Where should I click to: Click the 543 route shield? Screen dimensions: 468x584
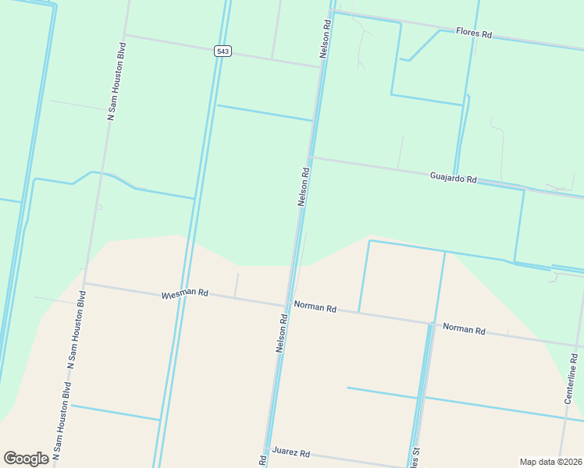223,51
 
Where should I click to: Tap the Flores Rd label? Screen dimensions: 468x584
475,34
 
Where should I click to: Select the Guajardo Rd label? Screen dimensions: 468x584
453,178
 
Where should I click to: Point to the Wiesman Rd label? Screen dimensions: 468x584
185,294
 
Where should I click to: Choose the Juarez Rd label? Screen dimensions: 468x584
291,453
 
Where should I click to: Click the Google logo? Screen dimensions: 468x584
27,459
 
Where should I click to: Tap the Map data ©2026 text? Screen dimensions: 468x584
550,462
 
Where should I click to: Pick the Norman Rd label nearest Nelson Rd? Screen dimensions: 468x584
315,307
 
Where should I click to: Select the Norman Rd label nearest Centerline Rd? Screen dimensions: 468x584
464,329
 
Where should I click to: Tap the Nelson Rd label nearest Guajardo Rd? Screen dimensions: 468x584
304,186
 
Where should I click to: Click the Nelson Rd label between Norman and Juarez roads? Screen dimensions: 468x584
282,331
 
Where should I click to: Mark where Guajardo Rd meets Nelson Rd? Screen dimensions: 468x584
310,158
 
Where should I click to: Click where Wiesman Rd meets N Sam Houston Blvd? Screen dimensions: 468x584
84,284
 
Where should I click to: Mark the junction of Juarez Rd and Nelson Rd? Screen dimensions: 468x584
267,450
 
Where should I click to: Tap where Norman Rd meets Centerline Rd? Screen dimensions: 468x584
576,345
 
